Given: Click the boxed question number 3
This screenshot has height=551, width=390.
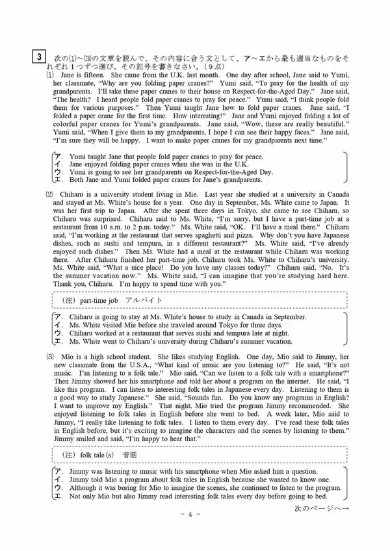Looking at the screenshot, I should pyautogui.click(x=40, y=57).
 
